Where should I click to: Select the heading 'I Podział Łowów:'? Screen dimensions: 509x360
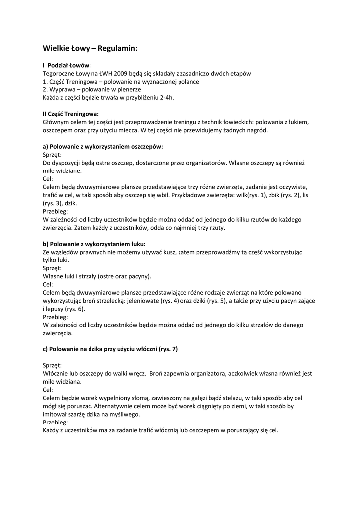[x=67, y=65]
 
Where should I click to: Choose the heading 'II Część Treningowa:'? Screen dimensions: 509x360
[x=71, y=114]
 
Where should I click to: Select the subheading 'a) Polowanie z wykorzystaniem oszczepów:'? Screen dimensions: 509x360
[x=103, y=147]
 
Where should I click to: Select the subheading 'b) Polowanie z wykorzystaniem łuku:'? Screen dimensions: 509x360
[x=94, y=244]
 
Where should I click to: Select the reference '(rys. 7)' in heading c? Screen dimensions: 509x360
[x=168, y=349]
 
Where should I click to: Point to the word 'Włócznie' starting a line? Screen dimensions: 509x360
[x=56, y=373]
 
